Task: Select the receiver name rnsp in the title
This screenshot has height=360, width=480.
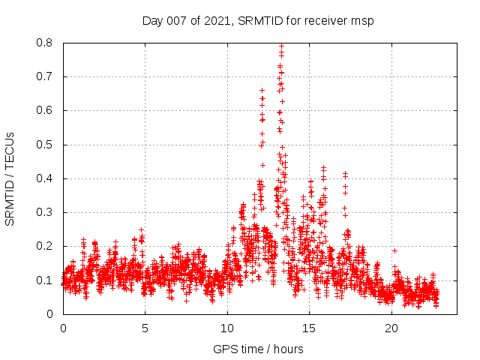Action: [x=360, y=20]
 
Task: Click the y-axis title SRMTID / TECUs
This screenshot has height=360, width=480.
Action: [x=10, y=178]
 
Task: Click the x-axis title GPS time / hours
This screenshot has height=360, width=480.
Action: [x=258, y=349]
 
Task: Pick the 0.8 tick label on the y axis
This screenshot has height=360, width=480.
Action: [x=44, y=43]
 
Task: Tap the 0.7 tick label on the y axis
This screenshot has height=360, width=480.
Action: [x=44, y=76]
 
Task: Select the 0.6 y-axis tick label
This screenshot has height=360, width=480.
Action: [x=44, y=110]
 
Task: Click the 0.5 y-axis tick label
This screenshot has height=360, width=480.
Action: [x=44, y=145]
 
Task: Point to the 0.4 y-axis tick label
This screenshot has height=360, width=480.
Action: [x=44, y=178]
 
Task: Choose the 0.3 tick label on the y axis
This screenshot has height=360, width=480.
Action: [x=44, y=212]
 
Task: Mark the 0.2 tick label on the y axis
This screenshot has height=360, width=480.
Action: [x=44, y=246]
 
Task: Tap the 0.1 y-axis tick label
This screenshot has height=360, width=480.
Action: [x=44, y=280]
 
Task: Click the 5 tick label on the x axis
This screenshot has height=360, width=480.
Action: [x=145, y=328]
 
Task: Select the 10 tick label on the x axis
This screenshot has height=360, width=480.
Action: [x=226, y=328]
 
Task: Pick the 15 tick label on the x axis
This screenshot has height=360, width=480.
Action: [x=309, y=328]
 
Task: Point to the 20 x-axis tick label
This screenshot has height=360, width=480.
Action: [x=391, y=328]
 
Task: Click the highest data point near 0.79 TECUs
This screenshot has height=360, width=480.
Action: [x=281, y=46]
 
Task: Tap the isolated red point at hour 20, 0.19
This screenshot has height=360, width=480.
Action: [x=394, y=250]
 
